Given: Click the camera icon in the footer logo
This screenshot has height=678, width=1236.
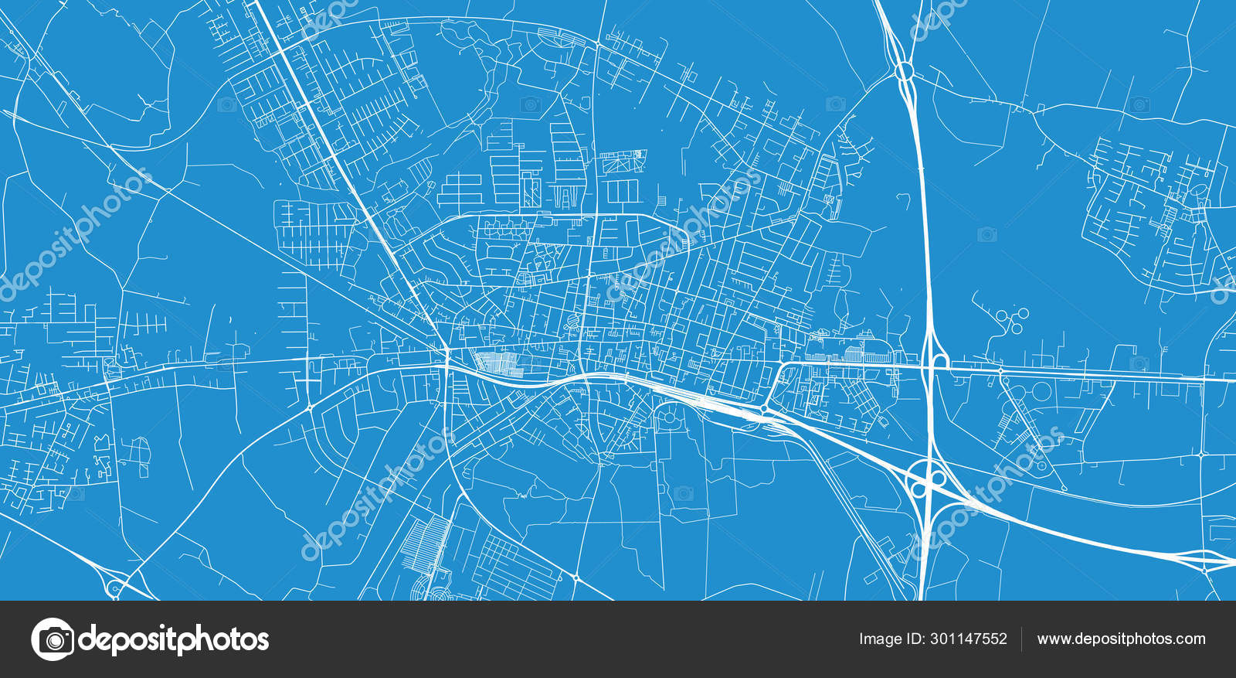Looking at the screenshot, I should tap(53, 639).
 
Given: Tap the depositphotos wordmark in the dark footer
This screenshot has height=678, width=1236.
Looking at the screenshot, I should tap(174, 639).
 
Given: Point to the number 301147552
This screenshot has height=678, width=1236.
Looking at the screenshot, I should tap(969, 639).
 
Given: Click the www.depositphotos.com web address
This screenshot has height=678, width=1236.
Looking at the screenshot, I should tap(1121, 639).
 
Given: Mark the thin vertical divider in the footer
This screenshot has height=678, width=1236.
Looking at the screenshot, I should tap(1022, 639).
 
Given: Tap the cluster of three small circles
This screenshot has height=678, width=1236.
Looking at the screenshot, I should tap(1011, 319).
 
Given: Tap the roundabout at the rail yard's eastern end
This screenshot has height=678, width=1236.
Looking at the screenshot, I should tap(763, 409).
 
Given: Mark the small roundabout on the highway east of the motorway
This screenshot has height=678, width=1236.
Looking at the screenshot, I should tap(1000, 371).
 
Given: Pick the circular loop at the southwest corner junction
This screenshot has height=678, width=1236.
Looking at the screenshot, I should tap(116, 588).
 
